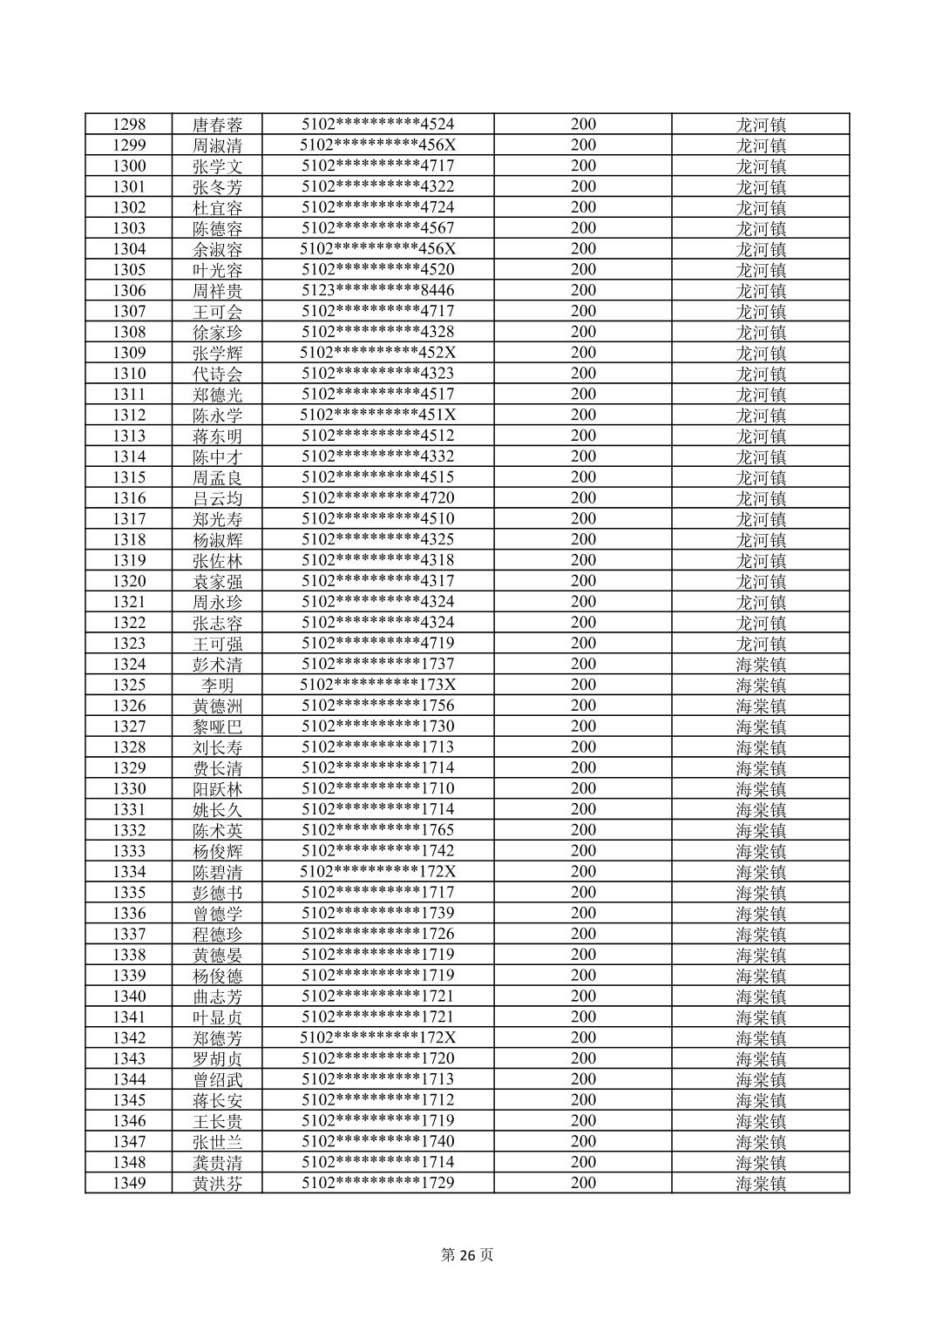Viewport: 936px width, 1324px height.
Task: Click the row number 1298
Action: pyautogui.click(x=129, y=125)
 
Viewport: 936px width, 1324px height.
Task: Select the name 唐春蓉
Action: pyautogui.click(x=217, y=125)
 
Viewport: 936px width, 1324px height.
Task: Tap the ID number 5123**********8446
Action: pyautogui.click(x=377, y=291)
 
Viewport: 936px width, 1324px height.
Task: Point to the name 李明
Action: pyautogui.click(x=217, y=686)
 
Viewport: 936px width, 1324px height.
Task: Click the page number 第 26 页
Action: pyautogui.click(x=467, y=1255)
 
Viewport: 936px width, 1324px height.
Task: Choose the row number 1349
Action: pyautogui.click(x=129, y=1183)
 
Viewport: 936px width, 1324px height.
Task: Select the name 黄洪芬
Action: pyautogui.click(x=217, y=1183)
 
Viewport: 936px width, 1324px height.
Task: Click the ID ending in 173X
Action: pyautogui.click(x=377, y=686)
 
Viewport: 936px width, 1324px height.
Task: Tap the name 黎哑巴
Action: pyautogui.click(x=217, y=726)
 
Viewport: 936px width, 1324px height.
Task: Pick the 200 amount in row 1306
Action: pyautogui.click(x=583, y=291)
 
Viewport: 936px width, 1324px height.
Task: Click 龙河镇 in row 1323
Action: pyautogui.click(x=761, y=644)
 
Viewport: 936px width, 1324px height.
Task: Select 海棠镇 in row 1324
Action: pyautogui.click(x=761, y=665)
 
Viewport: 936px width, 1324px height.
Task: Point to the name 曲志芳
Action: pyautogui.click(x=217, y=996)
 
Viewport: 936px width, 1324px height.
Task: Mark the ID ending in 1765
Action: pyautogui.click(x=377, y=830)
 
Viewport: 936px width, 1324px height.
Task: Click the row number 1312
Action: pyautogui.click(x=129, y=415)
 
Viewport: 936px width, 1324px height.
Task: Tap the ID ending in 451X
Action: pyautogui.click(x=377, y=415)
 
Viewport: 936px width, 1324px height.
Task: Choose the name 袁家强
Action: pyautogui.click(x=217, y=581)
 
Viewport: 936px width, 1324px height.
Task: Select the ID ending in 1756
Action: pyautogui.click(x=377, y=706)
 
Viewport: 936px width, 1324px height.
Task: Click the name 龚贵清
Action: pyautogui.click(x=217, y=1162)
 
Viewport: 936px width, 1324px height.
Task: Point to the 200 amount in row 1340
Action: pyautogui.click(x=583, y=996)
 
